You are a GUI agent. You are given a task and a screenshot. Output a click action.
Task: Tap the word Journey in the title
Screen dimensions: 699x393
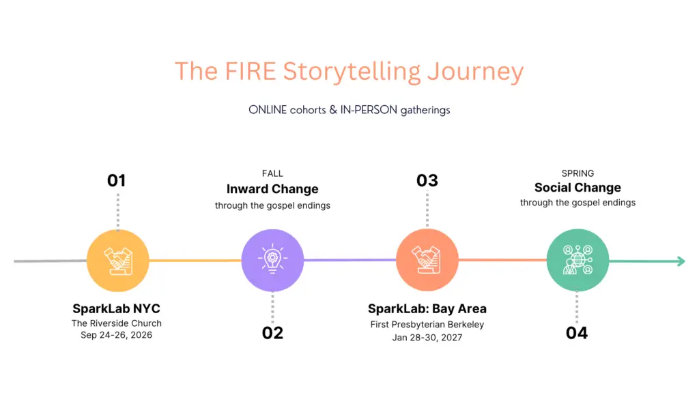coord(475,72)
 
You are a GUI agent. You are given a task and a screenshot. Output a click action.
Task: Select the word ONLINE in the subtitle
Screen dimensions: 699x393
coord(268,110)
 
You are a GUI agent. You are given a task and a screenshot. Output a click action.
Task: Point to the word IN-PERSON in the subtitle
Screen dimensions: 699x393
coord(369,110)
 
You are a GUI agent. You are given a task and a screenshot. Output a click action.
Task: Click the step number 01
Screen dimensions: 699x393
coord(116,180)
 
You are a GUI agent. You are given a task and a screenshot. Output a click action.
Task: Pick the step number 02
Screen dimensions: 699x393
coord(272,333)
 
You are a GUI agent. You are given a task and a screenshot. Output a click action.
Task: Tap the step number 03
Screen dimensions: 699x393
coord(427,180)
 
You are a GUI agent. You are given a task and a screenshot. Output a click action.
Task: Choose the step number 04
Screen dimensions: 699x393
coord(577,333)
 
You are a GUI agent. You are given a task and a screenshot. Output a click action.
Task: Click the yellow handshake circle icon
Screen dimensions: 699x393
coord(117,261)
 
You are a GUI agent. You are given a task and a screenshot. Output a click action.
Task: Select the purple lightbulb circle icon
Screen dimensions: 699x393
coord(272,260)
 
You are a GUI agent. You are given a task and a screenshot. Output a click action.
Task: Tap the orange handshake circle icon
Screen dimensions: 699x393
coord(427,260)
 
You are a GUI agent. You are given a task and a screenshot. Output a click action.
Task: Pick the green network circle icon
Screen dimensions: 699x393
coord(577,260)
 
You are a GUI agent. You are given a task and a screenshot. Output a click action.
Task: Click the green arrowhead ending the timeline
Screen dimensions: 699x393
coord(681,261)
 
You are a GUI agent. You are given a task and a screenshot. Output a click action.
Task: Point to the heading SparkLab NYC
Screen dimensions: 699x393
coord(116,308)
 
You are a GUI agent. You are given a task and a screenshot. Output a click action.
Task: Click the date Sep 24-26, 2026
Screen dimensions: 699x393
coord(116,335)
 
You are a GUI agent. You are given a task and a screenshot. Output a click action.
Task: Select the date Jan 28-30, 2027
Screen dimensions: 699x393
coord(427,337)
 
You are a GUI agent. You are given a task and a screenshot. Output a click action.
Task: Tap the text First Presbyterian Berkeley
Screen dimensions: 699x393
coord(427,324)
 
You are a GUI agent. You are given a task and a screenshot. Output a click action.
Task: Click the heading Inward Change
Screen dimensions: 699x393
coord(272,189)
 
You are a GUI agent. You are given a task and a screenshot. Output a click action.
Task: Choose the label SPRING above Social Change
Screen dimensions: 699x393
coord(577,173)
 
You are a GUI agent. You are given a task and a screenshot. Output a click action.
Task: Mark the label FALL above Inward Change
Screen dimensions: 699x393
coord(272,173)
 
